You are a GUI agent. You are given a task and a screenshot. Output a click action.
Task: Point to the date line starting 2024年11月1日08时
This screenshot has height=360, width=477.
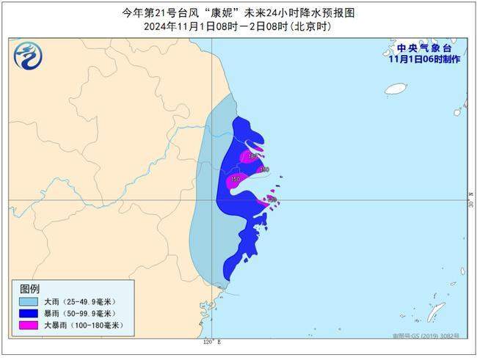(239, 26)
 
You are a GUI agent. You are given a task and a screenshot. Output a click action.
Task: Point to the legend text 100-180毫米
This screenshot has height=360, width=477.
(96, 325)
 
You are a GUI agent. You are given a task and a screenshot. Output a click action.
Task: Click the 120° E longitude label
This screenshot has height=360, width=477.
(212, 342)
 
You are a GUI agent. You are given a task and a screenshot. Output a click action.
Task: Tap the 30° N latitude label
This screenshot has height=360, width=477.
(470, 199)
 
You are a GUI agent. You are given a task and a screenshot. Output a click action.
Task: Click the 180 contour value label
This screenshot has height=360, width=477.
(253, 156)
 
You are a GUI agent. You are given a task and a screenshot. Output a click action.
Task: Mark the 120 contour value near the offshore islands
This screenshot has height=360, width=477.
(271, 199)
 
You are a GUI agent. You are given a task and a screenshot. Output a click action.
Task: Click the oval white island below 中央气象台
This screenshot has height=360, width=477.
(396, 89)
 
